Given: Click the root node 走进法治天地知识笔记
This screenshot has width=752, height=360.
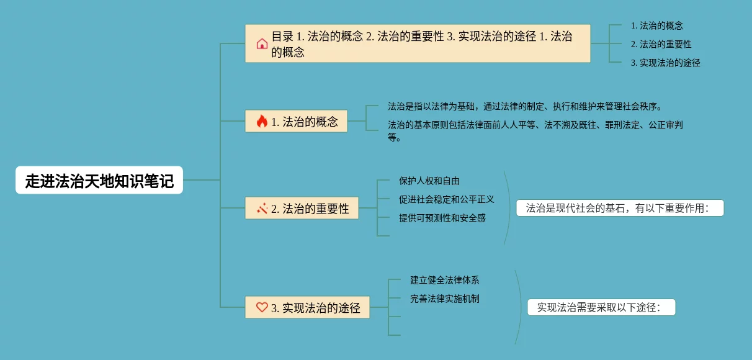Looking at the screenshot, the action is (x=99, y=181).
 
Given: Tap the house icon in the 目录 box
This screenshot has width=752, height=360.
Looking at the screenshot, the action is (x=262, y=43).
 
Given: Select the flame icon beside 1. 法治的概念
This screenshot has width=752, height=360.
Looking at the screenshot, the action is (x=262, y=121).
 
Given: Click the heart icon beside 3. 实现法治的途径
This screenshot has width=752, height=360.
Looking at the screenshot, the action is (x=262, y=307).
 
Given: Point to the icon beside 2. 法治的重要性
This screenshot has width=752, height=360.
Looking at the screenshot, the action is (x=262, y=209).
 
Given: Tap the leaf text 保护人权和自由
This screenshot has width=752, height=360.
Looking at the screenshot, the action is (x=429, y=181).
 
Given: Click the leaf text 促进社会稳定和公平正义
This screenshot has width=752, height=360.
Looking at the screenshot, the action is (x=446, y=199).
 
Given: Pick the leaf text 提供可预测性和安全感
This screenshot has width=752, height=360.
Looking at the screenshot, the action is (x=442, y=218).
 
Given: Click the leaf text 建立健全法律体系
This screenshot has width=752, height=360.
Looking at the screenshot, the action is (x=444, y=280).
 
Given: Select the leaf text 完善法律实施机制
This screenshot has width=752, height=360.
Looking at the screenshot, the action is (x=444, y=299).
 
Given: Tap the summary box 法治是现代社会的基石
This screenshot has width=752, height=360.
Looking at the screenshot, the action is (x=619, y=209).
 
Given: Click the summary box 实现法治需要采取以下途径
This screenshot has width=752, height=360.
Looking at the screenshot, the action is (x=601, y=307).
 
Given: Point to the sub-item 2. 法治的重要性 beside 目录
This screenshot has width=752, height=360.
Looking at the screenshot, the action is (x=661, y=44).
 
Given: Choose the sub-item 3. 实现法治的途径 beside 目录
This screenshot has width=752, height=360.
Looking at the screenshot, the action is (x=665, y=63).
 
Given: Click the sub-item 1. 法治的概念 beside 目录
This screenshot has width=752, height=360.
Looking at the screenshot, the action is (x=656, y=25).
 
